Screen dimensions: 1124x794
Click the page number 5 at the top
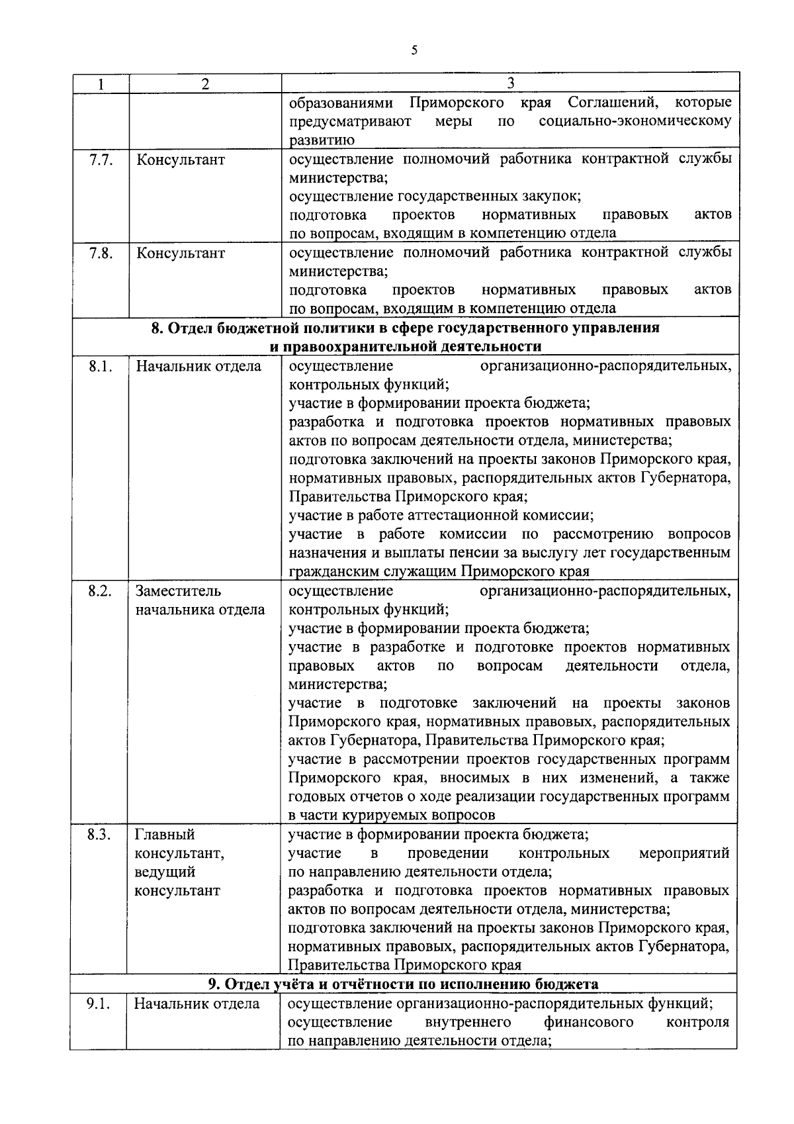click(414, 50)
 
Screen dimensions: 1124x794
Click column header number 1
click(101, 84)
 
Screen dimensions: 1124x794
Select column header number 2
click(205, 84)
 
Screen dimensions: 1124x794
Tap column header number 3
click(510, 83)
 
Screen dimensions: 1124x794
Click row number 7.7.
click(101, 160)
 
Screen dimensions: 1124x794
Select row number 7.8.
click(101, 253)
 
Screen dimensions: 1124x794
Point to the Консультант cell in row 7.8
click(180, 254)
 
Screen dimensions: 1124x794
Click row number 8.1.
click(100, 366)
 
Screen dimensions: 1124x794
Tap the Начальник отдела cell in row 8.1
click(198, 366)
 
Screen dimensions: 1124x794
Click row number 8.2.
click(100, 590)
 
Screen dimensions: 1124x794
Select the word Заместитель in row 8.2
click(179, 590)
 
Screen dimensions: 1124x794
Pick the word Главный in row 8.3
click(165, 834)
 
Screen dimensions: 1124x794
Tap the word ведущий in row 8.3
click(165, 872)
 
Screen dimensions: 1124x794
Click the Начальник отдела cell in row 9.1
click(197, 1004)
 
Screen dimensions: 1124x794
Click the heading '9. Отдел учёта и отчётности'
click(404, 984)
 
